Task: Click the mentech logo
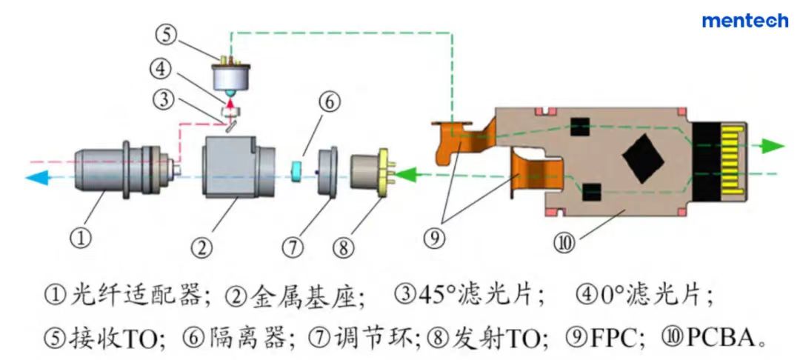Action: [x=744, y=20]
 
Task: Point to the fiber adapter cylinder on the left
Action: [x=111, y=170]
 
